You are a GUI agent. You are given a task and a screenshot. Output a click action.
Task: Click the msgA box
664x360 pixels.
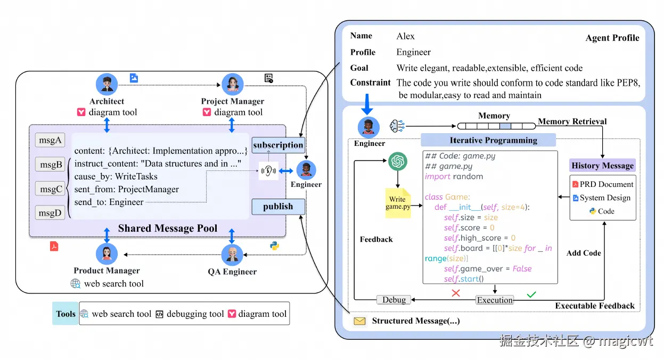click(x=50, y=141)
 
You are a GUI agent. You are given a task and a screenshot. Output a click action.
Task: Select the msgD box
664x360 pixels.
click(x=50, y=213)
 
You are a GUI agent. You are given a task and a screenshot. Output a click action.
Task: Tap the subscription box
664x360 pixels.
click(x=278, y=145)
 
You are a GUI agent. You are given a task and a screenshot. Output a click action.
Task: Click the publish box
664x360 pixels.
click(x=278, y=207)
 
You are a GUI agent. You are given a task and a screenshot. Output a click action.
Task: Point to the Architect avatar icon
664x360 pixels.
click(x=106, y=84)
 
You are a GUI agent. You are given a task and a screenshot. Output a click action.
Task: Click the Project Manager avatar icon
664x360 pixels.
click(x=232, y=84)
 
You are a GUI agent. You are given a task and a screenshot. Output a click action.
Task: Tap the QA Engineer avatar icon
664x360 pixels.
click(x=232, y=255)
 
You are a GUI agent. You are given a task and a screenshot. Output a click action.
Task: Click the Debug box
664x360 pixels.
click(x=394, y=300)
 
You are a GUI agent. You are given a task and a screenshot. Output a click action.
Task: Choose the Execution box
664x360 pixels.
click(x=495, y=300)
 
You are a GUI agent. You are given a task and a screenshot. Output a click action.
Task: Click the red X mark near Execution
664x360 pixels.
click(x=456, y=293)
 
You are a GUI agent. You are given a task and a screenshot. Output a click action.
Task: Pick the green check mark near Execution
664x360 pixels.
click(x=531, y=293)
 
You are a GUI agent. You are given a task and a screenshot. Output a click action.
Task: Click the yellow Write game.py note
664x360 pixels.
click(x=398, y=203)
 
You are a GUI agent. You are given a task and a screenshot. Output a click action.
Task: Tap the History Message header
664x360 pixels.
click(x=602, y=166)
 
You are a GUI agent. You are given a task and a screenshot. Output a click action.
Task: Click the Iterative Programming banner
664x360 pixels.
click(x=488, y=141)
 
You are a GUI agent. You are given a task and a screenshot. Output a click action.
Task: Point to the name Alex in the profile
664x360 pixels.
click(x=406, y=37)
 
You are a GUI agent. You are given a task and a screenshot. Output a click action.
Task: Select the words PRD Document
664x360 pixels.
click(x=606, y=184)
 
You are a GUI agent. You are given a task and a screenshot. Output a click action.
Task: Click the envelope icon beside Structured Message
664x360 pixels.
click(x=360, y=321)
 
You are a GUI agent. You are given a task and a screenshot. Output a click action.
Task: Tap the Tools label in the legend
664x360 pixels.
click(x=65, y=314)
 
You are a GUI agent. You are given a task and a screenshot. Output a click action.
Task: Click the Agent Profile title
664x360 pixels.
click(x=612, y=38)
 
